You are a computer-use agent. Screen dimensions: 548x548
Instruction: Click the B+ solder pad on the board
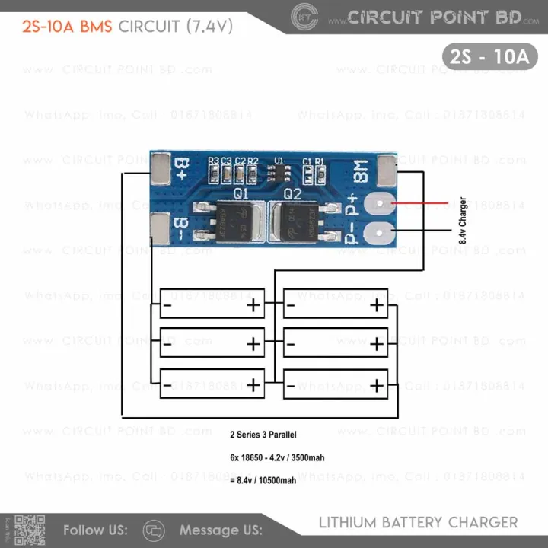click(160, 168)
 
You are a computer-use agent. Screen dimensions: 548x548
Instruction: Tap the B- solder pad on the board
click(160, 228)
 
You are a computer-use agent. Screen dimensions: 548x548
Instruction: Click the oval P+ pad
click(378, 204)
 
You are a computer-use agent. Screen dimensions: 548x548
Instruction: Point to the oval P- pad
click(378, 232)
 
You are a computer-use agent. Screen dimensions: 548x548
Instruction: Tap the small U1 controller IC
click(279, 173)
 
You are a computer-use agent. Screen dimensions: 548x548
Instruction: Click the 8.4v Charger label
click(462, 220)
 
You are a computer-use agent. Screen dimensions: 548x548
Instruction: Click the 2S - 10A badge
click(489, 56)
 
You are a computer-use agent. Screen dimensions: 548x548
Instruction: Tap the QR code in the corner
click(30, 530)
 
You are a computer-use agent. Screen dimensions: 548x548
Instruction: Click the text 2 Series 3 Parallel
click(263, 435)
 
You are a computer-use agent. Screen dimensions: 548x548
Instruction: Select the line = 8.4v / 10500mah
click(263, 481)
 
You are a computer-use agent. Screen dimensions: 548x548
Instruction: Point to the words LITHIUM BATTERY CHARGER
click(417, 523)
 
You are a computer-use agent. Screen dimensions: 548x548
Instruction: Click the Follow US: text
click(95, 530)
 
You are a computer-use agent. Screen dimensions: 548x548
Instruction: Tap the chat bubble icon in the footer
click(154, 530)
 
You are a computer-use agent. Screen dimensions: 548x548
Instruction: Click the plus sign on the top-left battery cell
click(253, 305)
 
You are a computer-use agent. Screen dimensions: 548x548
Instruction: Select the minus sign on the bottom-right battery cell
click(292, 387)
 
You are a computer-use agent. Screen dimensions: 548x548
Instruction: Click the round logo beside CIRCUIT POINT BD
click(304, 15)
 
